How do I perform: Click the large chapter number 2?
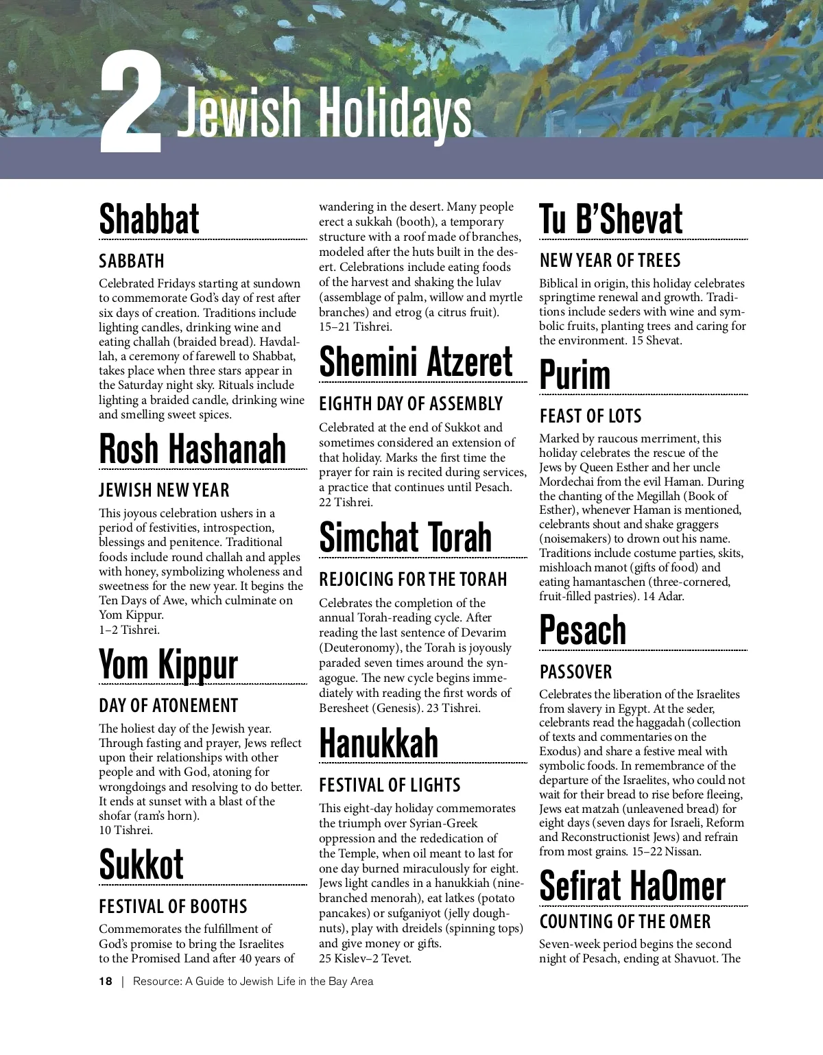click(x=130, y=103)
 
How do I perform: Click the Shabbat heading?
click(x=149, y=220)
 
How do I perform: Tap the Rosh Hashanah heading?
click(x=192, y=449)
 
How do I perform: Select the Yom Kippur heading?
click(x=168, y=665)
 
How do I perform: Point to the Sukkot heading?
click(x=141, y=864)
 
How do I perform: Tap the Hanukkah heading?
click(x=379, y=744)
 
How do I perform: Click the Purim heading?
click(x=575, y=375)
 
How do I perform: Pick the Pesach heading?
click(x=582, y=630)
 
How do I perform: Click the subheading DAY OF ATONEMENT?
click(x=168, y=706)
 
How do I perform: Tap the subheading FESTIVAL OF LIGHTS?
click(x=390, y=785)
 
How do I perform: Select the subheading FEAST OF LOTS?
click(x=590, y=416)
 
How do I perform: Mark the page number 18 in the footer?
click(x=106, y=981)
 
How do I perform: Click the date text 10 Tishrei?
click(x=126, y=830)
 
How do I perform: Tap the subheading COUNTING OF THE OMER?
click(x=625, y=922)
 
